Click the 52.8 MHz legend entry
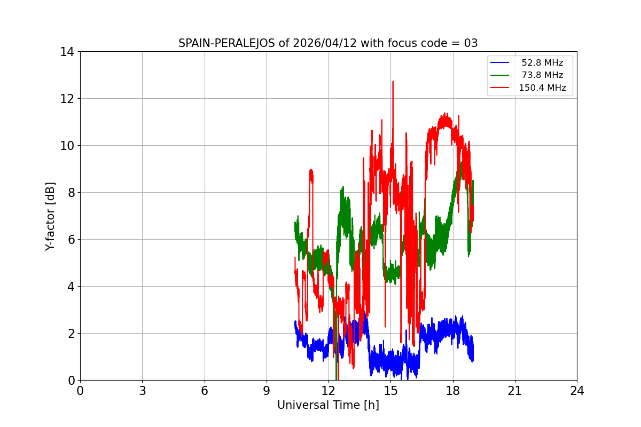542,63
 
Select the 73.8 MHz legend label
542,75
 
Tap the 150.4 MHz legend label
542,88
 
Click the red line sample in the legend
500,88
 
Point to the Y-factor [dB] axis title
50,216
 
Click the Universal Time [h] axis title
328,405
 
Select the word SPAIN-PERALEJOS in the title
227,43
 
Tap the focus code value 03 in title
471,43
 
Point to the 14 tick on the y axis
67,52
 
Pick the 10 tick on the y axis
67,146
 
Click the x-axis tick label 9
267,391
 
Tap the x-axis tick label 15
390,391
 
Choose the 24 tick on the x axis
577,391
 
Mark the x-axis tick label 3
142,391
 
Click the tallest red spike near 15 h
393,82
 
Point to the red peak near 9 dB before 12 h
311,171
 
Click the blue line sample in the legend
500,63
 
